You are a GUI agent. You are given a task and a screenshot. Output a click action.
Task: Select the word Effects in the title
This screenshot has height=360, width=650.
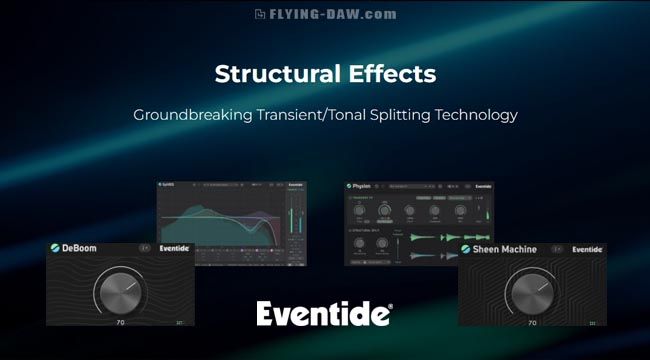(390, 74)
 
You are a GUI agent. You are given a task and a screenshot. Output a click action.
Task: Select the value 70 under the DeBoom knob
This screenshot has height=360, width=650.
(121, 322)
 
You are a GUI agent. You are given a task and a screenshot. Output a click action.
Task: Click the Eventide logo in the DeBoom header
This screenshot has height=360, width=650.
(172, 247)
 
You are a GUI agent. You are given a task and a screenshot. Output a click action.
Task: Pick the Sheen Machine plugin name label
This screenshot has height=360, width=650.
(505, 249)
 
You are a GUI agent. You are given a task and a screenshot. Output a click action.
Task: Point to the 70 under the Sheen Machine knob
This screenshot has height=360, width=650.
(532, 322)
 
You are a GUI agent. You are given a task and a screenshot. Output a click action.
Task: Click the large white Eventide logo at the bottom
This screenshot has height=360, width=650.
(323, 314)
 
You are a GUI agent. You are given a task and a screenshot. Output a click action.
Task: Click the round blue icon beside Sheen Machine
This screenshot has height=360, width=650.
(465, 249)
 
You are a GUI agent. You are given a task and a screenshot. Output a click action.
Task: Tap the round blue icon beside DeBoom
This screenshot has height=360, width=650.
(57, 247)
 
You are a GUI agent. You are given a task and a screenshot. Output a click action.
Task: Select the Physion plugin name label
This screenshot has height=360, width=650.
(363, 185)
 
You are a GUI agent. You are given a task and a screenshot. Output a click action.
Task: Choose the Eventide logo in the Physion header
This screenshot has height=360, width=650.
(483, 185)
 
